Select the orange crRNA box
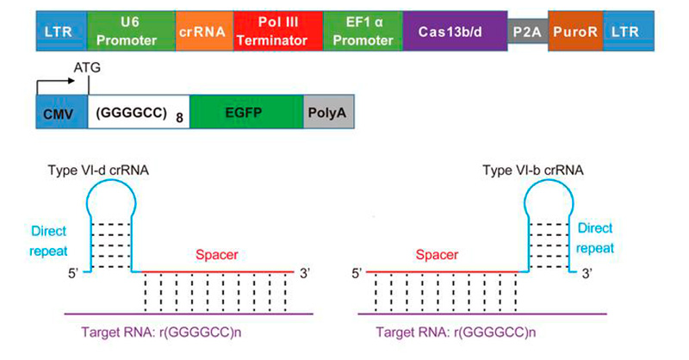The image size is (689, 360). point(202,30)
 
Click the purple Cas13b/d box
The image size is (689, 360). point(454,30)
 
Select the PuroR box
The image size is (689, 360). point(574,30)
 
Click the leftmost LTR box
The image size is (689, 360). point(60,30)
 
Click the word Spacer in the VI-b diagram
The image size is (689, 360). point(436,256)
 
